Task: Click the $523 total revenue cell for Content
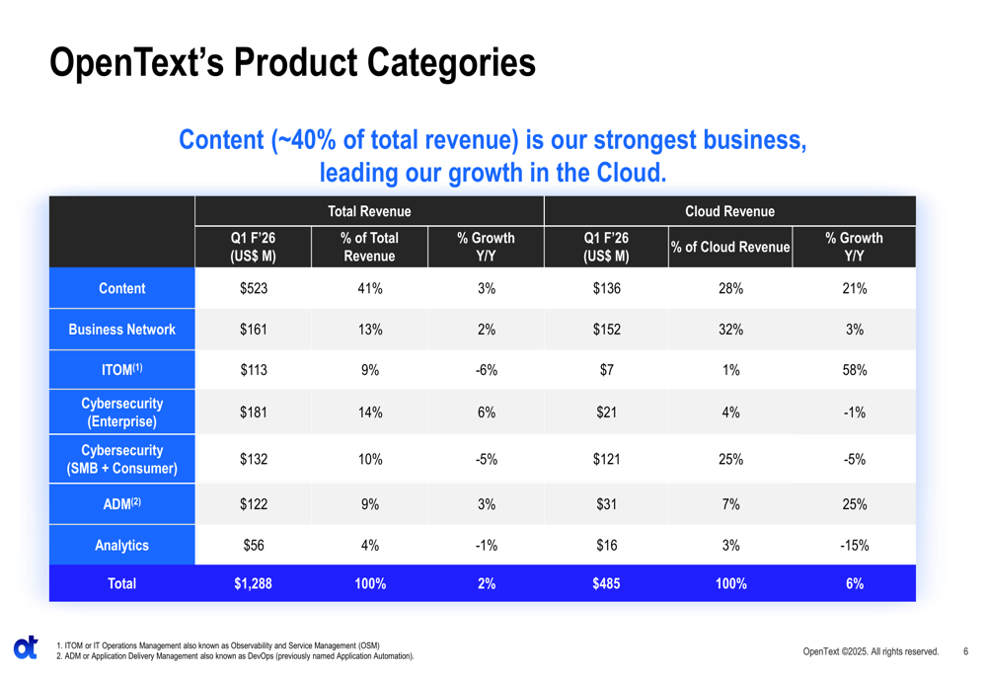pyautogui.click(x=253, y=288)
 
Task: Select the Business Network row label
pyautogui.click(x=121, y=330)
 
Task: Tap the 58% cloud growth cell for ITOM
pyautogui.click(x=854, y=370)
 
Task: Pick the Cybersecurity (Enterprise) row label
pyautogui.click(x=121, y=413)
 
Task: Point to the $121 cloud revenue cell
pyautogui.click(x=606, y=459)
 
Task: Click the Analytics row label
pyautogui.click(x=121, y=545)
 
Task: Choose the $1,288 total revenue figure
pyautogui.click(x=253, y=583)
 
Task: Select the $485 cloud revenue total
pyautogui.click(x=606, y=583)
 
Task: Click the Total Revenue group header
pyautogui.click(x=369, y=211)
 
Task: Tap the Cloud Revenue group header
pyautogui.click(x=729, y=211)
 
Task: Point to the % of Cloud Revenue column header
pyautogui.click(x=730, y=248)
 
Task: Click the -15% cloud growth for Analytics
pyautogui.click(x=854, y=545)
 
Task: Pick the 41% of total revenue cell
pyautogui.click(x=369, y=288)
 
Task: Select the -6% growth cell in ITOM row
pyautogui.click(x=486, y=370)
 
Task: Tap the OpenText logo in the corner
pyautogui.click(x=26, y=647)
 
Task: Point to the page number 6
pyautogui.click(x=965, y=651)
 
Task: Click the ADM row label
pyautogui.click(x=121, y=503)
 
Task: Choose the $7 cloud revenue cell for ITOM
pyautogui.click(x=606, y=370)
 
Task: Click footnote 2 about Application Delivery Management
pyautogui.click(x=235, y=655)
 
